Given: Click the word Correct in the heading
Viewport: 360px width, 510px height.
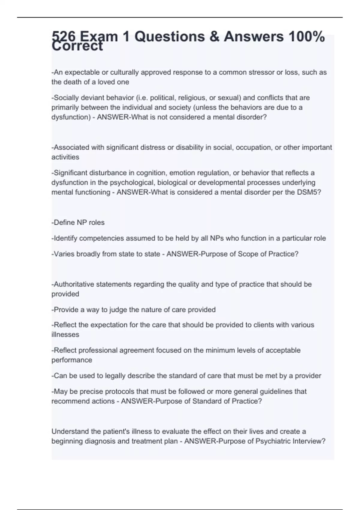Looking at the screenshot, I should [x=77, y=47].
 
